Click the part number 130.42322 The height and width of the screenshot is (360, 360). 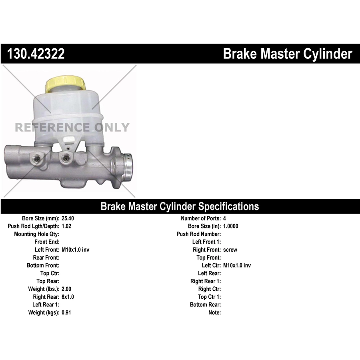point(36,54)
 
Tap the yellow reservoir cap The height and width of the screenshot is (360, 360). point(66,84)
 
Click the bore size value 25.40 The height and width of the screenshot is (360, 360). point(68,218)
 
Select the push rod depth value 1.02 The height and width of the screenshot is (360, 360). point(66,226)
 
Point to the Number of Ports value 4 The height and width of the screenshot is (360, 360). point(224,218)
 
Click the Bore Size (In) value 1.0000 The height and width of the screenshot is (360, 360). point(230,226)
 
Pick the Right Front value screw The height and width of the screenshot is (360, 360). point(230,250)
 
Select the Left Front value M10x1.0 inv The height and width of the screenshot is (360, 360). point(75,250)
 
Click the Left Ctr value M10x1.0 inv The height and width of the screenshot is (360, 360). point(237,266)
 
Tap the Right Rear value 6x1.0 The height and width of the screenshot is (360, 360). point(68,297)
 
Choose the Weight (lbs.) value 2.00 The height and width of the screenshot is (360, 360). point(66,289)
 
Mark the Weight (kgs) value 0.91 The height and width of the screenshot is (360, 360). point(66,312)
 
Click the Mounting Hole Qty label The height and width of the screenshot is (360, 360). point(37,234)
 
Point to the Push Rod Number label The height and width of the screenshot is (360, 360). point(199,234)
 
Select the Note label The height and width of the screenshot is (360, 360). point(215,312)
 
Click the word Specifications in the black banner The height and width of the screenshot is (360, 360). point(228,206)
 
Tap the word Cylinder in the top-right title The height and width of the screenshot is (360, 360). point(328,54)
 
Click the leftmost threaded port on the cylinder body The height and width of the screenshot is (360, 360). point(36,158)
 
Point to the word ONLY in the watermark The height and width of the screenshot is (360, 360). point(112,128)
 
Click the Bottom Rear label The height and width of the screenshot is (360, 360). point(206,305)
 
